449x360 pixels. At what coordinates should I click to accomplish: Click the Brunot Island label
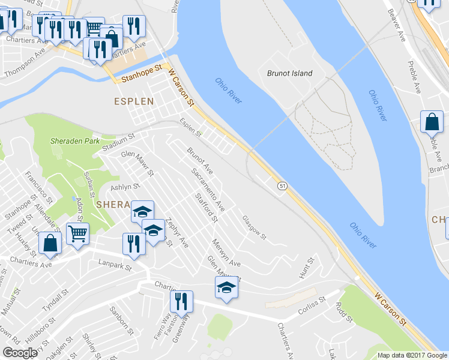pyautogui.click(x=289, y=73)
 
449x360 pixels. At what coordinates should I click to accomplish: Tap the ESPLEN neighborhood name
pyautogui.click(x=134, y=101)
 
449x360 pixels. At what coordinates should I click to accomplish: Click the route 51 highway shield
pyautogui.click(x=282, y=186)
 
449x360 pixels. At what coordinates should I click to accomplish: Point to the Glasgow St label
pyautogui.click(x=255, y=228)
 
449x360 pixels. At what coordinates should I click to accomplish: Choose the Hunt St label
pyautogui.click(x=306, y=268)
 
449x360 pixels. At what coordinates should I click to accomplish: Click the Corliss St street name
pyautogui.click(x=313, y=306)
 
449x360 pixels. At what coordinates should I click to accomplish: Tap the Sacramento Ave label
pyautogui.click(x=208, y=190)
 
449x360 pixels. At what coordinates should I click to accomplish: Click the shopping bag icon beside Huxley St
pyautogui.click(x=50, y=243)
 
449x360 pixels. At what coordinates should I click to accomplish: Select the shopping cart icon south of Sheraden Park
pyautogui.click(x=78, y=233)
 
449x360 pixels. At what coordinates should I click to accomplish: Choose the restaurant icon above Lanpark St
pyautogui.click(x=133, y=243)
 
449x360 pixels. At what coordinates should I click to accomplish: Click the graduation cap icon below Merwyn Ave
pyautogui.click(x=226, y=288)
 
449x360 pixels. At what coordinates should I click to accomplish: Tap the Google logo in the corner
pyautogui.click(x=20, y=353)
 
